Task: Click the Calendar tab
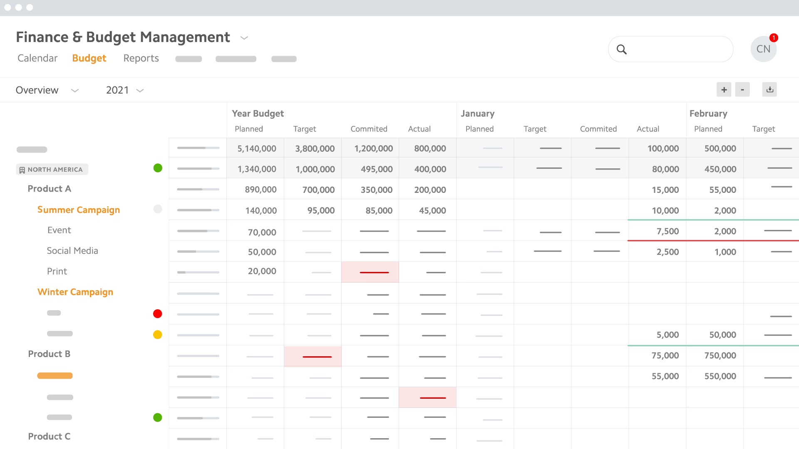[37, 58]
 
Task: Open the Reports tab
[141, 58]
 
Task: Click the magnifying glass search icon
[622, 49]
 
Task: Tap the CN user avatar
[763, 49]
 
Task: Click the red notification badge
[774, 38]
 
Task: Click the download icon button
[770, 89]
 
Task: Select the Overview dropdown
[47, 90]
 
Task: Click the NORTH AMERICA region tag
[52, 170]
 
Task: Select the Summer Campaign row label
[79, 210]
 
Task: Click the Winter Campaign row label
[75, 292]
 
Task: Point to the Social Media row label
[72, 251]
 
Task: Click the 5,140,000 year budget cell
[256, 148]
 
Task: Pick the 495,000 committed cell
[376, 169]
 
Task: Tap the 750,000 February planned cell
[720, 355]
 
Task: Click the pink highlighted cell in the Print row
[370, 272]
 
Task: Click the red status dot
[157, 314]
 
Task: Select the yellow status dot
[157, 335]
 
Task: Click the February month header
[708, 113]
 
